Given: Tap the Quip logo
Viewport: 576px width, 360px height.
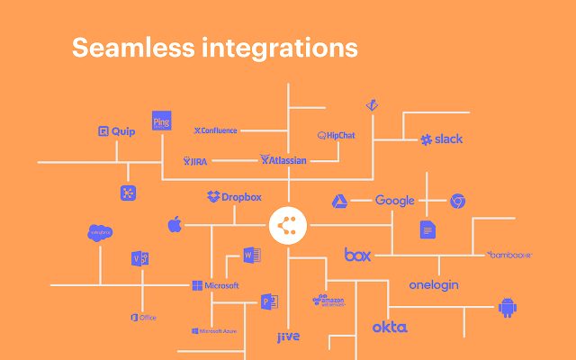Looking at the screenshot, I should pos(116,130).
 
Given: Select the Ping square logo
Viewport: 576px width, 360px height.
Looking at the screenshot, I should pos(162,121).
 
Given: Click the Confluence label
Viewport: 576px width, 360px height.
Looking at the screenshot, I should pos(216,130).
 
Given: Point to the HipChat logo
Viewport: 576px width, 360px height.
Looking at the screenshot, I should pos(337,135).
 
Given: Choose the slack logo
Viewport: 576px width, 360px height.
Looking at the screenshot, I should pos(441,139).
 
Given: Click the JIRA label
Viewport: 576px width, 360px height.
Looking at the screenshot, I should pos(195,161).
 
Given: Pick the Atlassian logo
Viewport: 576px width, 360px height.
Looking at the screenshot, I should pos(283,160).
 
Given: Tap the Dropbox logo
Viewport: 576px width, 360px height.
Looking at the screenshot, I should pos(234,196).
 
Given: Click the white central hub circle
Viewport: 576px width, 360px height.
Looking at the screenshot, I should pos(288,224).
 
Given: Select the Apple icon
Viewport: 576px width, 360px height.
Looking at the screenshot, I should pos(175,223).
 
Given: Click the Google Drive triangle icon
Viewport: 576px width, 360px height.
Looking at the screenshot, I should pos(340,202).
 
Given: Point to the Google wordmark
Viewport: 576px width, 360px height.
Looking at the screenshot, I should pos(394,201).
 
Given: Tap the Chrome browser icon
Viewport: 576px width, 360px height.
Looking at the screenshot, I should pos(457,201).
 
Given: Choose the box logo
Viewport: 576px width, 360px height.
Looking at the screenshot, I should pos(357,255).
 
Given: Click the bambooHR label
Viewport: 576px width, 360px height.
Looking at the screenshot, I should pos(510,255).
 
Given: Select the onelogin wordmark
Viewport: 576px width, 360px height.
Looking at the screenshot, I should pos(434,284).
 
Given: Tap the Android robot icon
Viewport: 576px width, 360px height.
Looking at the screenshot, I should pos(508,309).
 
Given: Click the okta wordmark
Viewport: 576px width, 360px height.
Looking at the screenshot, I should pos(390,327).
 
